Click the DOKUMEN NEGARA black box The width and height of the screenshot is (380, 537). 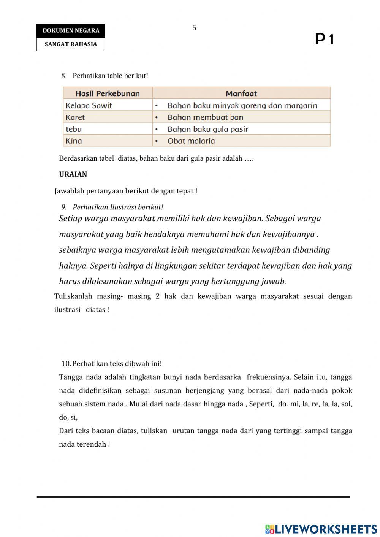coord(71,31)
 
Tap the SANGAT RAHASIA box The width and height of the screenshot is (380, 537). coord(71,44)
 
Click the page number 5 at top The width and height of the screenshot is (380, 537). coord(194,28)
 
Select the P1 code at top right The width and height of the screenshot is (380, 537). coord(324,39)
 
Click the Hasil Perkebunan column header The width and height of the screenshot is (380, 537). coord(108,93)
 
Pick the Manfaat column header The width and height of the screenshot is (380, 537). coord(241,93)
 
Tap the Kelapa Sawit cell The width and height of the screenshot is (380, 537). coord(89,105)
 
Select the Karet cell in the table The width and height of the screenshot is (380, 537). coord(75,117)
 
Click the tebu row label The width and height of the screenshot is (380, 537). coord(74,129)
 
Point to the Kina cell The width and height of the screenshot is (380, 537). coord(74,141)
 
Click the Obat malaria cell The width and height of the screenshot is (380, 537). coord(191,141)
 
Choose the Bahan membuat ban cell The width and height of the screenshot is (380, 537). coord(205,117)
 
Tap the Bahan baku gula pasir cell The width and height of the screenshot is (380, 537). coord(207,129)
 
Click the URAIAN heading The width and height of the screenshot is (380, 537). coord(73,174)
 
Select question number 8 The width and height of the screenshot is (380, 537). coord(64,76)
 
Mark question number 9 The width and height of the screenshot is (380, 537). coord(64,207)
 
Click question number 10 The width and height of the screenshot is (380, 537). coord(66,364)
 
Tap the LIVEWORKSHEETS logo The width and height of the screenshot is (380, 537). coord(321,529)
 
